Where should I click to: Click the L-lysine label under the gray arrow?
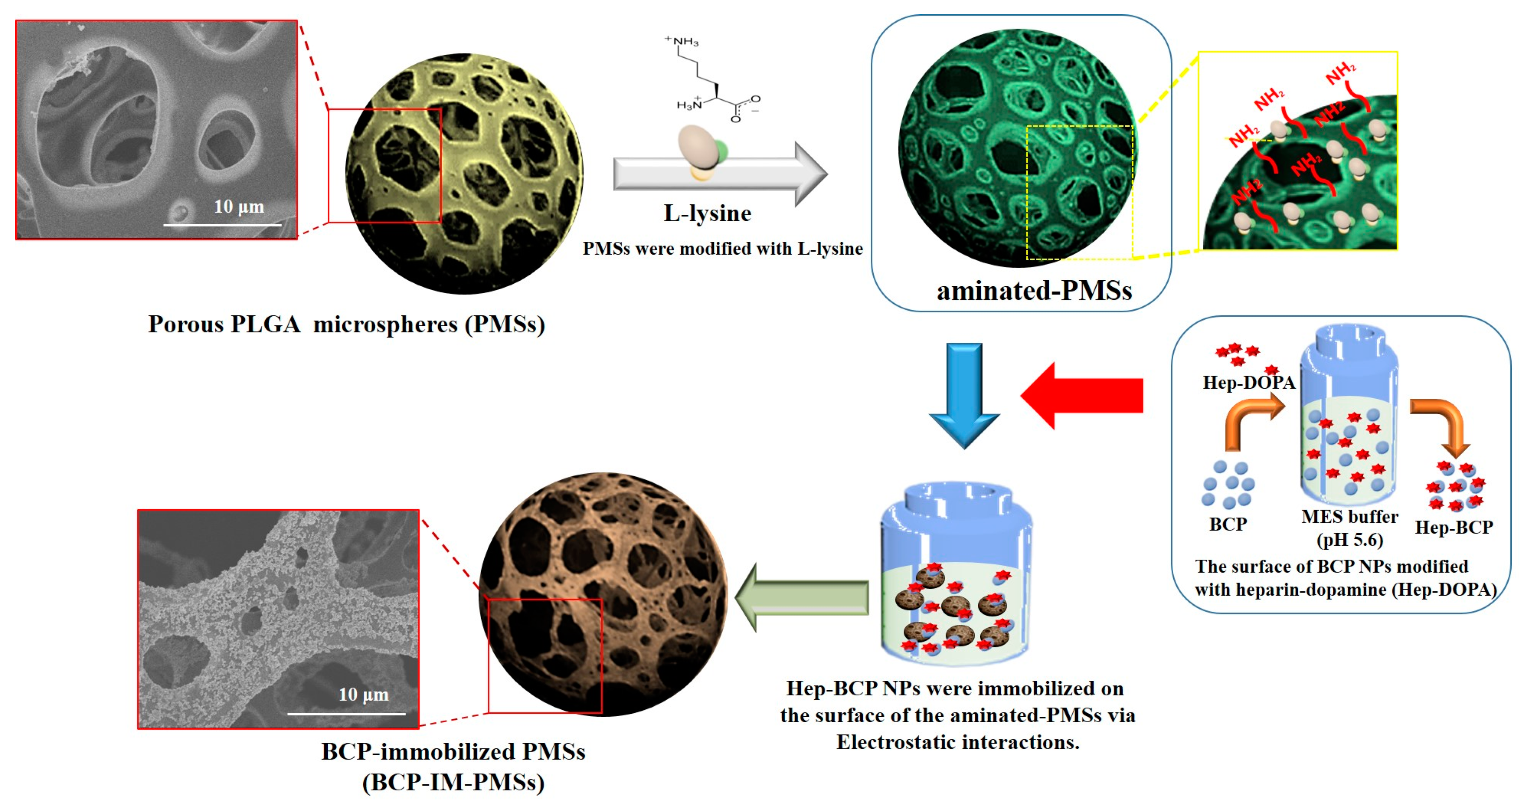point(707,213)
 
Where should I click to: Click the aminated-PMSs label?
point(1034,291)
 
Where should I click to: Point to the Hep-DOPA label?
point(1249,382)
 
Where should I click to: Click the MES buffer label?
point(1350,517)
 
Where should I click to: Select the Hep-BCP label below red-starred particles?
point(1454,527)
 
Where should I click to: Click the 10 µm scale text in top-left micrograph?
point(239,207)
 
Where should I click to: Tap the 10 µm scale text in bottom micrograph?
point(363,695)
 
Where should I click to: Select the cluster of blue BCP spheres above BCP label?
point(1228,484)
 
